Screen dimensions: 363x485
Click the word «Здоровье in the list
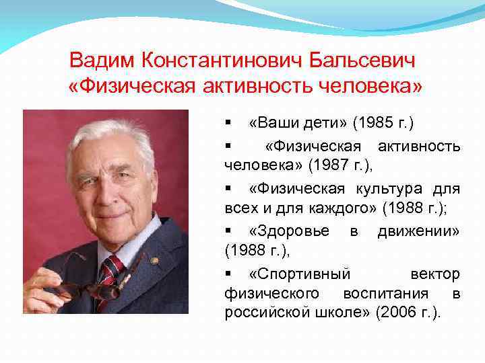click(x=289, y=231)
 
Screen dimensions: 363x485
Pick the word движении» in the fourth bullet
click(x=418, y=231)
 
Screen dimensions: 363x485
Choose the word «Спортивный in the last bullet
click(x=300, y=274)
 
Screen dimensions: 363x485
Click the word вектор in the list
click(x=435, y=274)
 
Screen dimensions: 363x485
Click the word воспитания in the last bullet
click(x=385, y=293)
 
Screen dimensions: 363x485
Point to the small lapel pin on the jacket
click(x=154, y=260)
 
